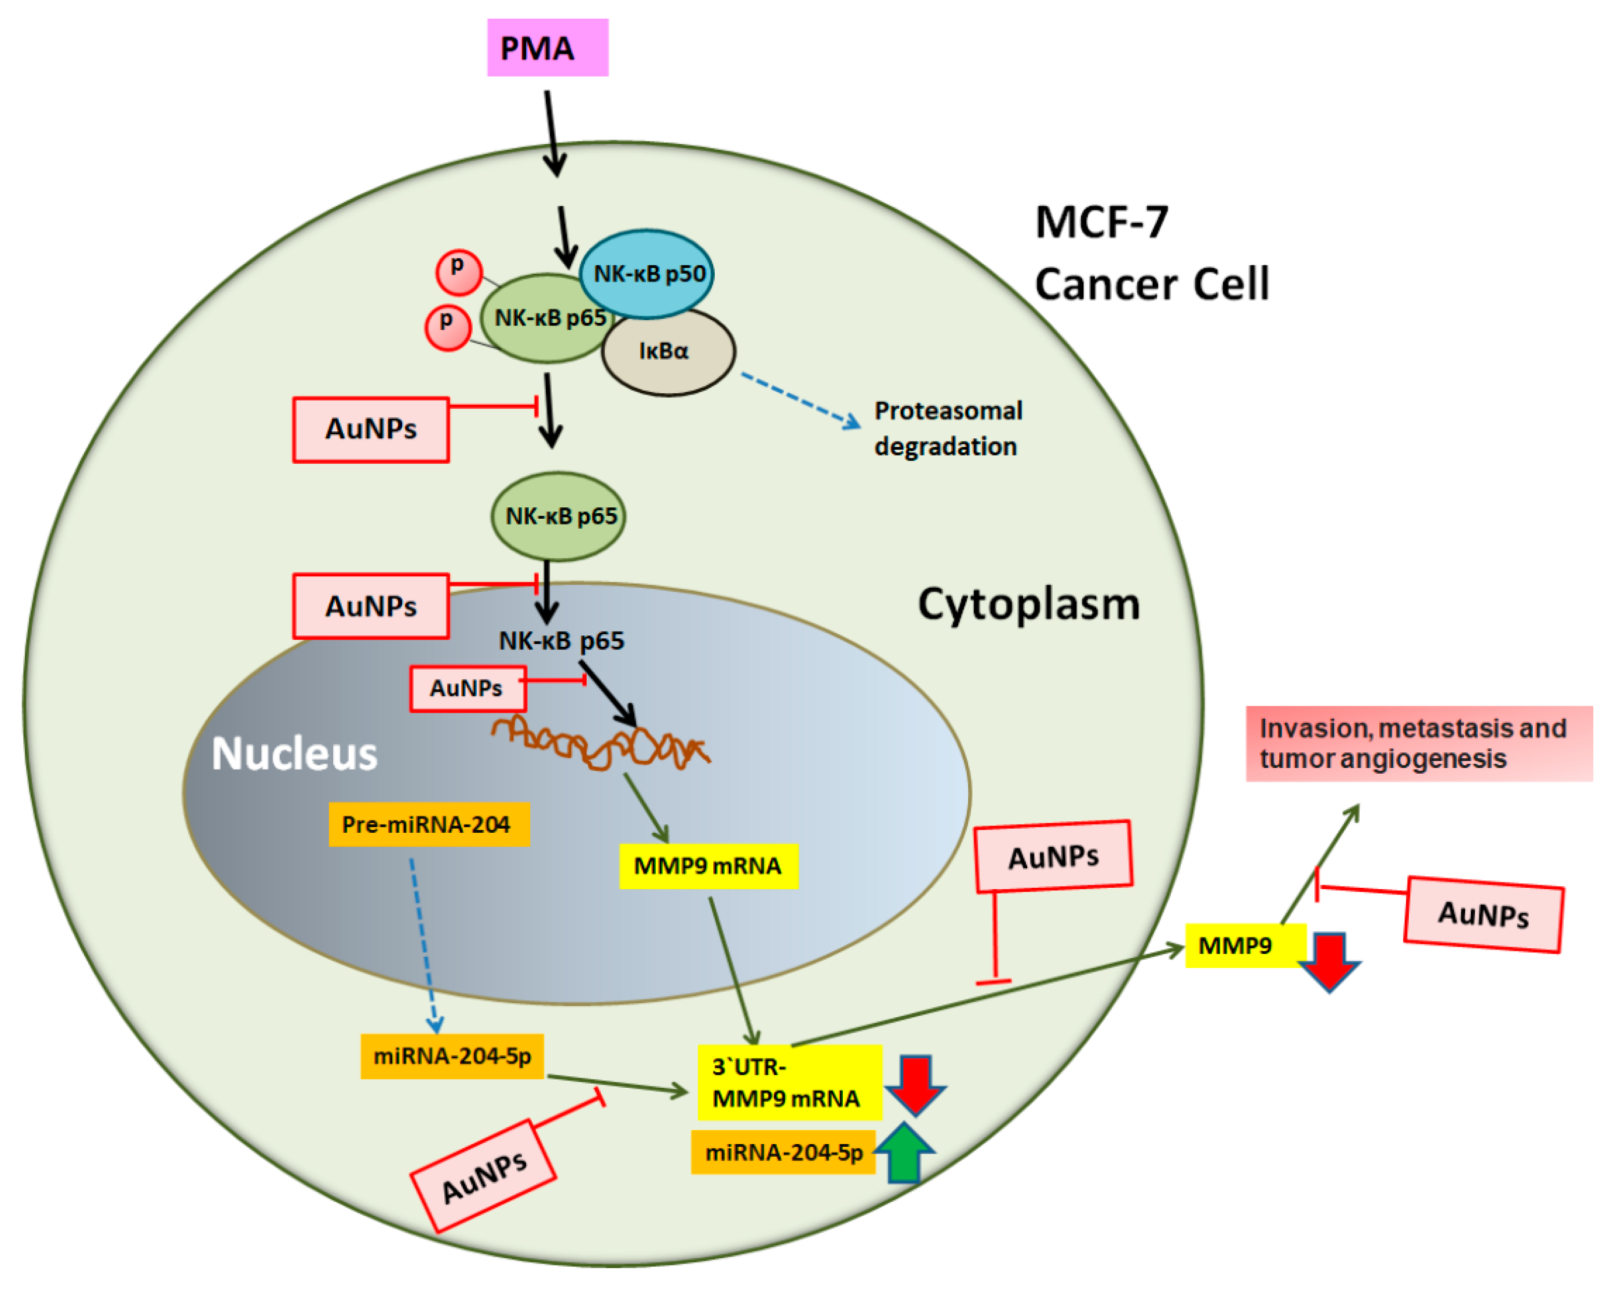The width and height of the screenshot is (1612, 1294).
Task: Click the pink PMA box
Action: [547, 48]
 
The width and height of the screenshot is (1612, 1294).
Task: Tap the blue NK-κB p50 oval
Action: [647, 274]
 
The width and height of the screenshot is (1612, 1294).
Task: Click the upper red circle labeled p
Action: [458, 272]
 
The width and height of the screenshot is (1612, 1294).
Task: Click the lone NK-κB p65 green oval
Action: [558, 516]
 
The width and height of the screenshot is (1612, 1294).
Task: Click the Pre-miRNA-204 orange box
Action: [429, 824]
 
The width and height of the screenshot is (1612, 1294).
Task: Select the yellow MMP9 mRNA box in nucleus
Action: [708, 865]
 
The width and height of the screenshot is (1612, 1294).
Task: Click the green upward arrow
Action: [904, 1153]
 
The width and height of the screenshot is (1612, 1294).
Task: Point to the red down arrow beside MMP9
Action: [1328, 961]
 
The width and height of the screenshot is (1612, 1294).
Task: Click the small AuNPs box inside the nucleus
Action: [468, 688]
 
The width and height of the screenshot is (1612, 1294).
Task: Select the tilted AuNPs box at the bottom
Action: [483, 1176]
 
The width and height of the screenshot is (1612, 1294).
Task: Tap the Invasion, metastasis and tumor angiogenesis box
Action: [1418, 743]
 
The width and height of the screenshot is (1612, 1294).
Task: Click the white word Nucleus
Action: [294, 753]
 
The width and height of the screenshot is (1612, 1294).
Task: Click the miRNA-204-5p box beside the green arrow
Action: [783, 1152]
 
